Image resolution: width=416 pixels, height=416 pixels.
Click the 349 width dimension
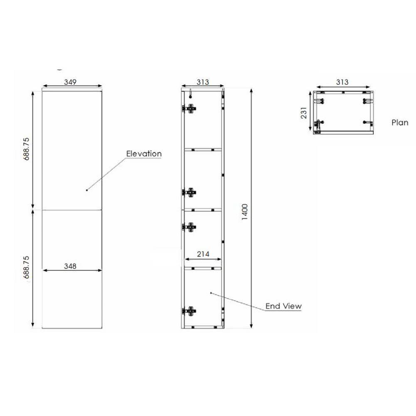click(70, 82)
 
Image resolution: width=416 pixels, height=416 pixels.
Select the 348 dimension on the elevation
click(70, 266)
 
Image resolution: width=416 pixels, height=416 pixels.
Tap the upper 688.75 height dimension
click(27, 149)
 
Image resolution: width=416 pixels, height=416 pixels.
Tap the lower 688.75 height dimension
click(27, 267)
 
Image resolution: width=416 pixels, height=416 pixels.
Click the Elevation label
click(144, 154)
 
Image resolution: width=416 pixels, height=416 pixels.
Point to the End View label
click(284, 306)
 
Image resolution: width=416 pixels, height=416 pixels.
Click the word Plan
click(400, 123)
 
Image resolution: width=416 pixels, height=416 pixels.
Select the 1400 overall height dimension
click(245, 212)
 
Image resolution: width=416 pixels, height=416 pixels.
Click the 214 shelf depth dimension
click(203, 254)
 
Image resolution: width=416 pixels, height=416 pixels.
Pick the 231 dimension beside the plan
click(304, 113)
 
